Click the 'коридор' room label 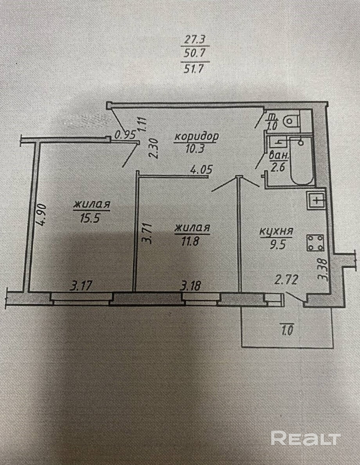coord(196,137)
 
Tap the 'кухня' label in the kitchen coord(276,231)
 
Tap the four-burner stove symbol coord(316,243)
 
